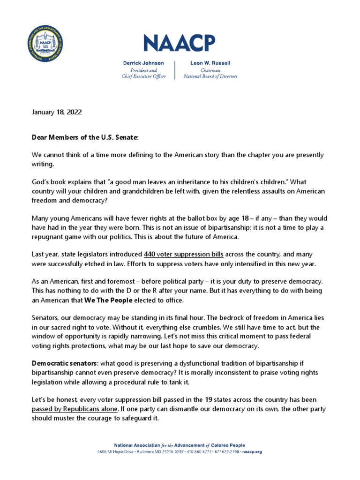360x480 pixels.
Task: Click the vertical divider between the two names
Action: (x=175, y=69)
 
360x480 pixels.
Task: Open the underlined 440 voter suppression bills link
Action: (x=184, y=255)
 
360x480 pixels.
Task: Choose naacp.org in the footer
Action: (x=252, y=452)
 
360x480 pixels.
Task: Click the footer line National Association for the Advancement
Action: (x=180, y=445)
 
